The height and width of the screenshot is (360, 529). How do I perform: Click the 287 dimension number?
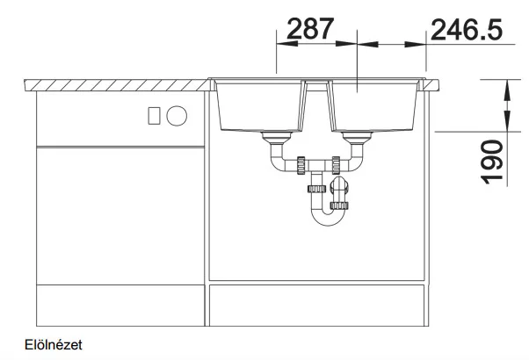310,28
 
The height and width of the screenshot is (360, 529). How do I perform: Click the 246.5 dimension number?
467,30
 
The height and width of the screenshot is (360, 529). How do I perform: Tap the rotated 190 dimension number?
493,162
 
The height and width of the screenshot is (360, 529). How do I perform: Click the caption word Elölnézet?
54,345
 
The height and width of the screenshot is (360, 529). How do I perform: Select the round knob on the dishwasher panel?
177,116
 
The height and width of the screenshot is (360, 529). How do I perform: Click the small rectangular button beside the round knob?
154,116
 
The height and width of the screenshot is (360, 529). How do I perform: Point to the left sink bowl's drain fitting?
277,137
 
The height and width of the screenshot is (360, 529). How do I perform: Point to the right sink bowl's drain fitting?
357,137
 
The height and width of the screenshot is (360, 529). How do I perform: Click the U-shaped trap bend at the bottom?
327,219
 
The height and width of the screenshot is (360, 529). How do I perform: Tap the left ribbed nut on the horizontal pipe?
301,165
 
